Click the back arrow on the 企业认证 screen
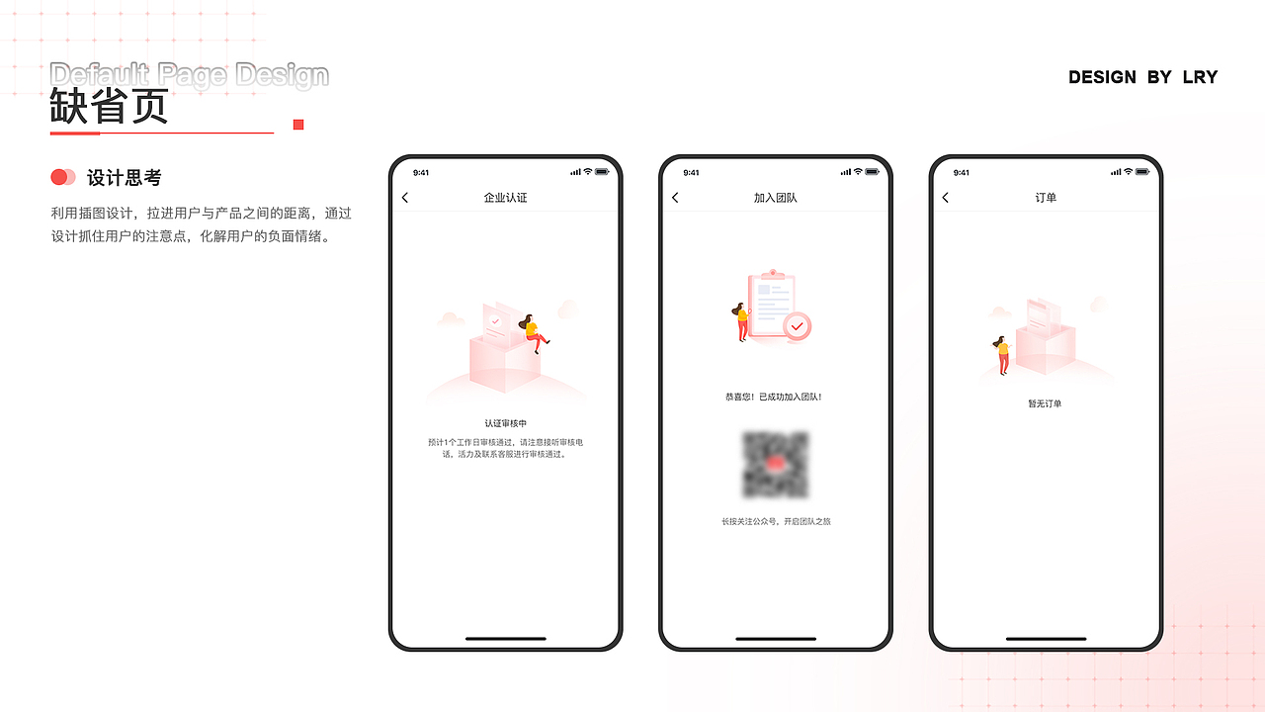click(x=405, y=198)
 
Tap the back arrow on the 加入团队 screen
click(x=675, y=198)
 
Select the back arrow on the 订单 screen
click(x=945, y=198)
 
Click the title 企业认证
click(x=505, y=198)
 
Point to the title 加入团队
click(x=775, y=198)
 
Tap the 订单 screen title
click(x=1046, y=198)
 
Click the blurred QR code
click(x=776, y=464)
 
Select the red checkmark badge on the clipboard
click(x=797, y=325)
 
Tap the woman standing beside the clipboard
click(x=740, y=322)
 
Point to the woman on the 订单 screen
click(x=1003, y=354)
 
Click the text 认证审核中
click(x=505, y=423)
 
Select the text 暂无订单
click(x=1045, y=403)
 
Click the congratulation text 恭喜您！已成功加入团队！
click(x=774, y=397)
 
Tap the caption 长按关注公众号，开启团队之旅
click(x=776, y=521)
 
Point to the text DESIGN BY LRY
click(x=1142, y=77)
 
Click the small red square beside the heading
click(x=298, y=125)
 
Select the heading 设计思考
click(x=124, y=178)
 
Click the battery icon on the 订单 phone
click(x=1142, y=172)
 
